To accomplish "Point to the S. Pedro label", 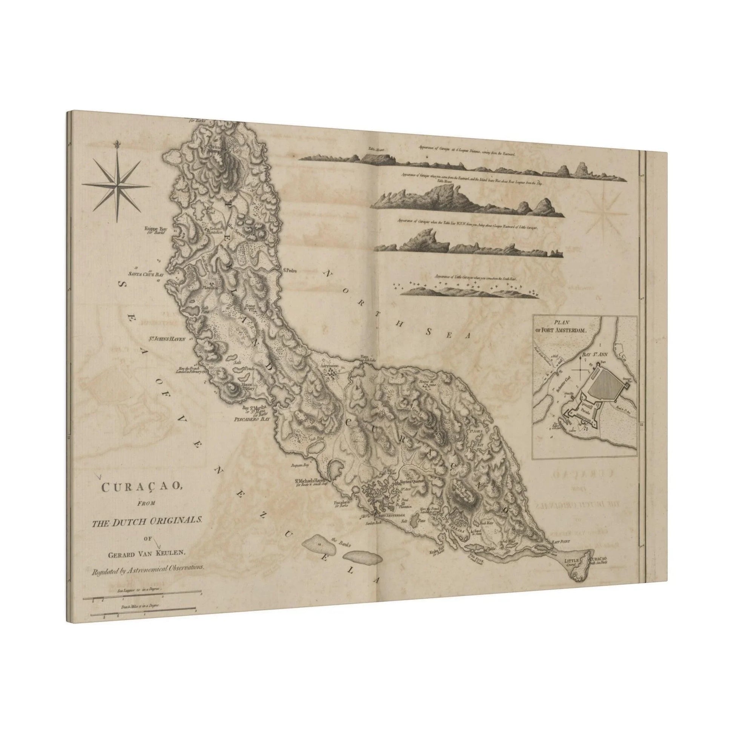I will (x=289, y=271).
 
